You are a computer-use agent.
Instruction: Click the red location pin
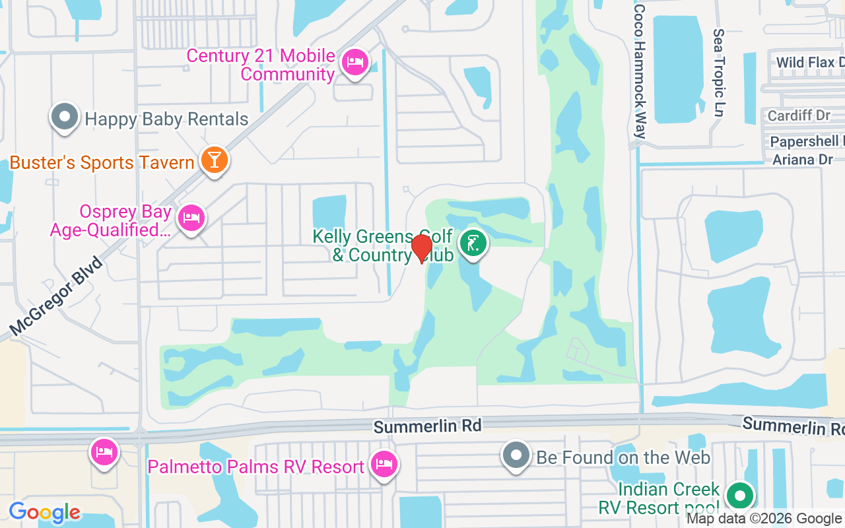421,248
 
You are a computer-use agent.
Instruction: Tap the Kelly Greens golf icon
473,244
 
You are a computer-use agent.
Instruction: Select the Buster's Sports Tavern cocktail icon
214,160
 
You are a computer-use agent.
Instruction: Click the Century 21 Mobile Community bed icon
355,63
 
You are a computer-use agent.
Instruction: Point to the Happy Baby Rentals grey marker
64,117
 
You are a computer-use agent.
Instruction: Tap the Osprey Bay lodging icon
191,217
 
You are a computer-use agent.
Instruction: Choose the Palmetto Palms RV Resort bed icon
383,465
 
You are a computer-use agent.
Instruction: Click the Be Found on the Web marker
516,455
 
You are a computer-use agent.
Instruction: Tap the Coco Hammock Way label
639,71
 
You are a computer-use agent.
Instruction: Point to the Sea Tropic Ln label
719,73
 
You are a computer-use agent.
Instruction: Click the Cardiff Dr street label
799,115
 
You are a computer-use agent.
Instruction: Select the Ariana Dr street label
803,159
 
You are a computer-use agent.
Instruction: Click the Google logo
44,512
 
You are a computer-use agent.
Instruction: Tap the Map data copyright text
764,519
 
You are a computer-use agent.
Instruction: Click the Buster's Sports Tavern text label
102,162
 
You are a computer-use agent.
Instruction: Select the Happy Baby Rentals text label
166,119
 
